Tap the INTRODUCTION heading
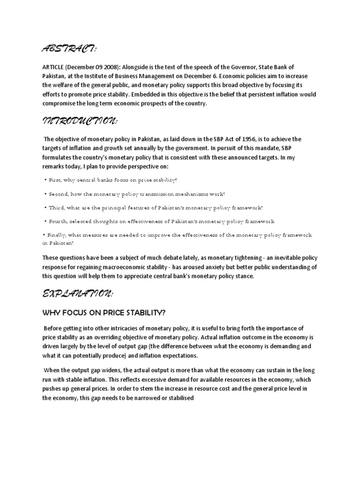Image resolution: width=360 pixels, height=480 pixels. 80,121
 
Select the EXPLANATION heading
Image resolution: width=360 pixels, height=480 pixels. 77,293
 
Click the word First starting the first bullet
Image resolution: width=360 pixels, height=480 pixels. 54,180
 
